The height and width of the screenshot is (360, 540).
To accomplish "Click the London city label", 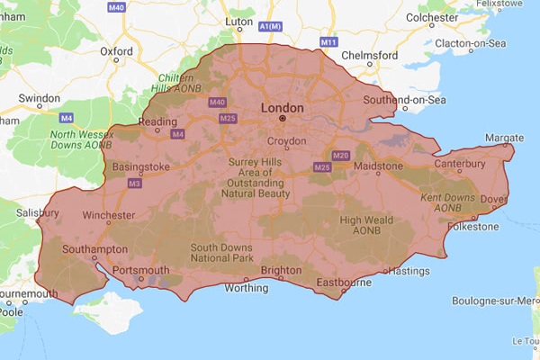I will click(x=282, y=108).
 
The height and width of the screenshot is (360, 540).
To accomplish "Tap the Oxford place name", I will click(x=117, y=51).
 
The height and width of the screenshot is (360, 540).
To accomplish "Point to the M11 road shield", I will click(x=328, y=42).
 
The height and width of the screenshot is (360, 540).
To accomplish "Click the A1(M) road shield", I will click(x=269, y=27).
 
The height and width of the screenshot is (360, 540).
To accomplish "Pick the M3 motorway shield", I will click(x=134, y=184).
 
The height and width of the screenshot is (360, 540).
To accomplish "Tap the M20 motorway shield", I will click(x=339, y=156).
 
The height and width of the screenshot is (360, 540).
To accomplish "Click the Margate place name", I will click(x=503, y=138).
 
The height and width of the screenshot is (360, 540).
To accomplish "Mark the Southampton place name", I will click(x=95, y=249).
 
